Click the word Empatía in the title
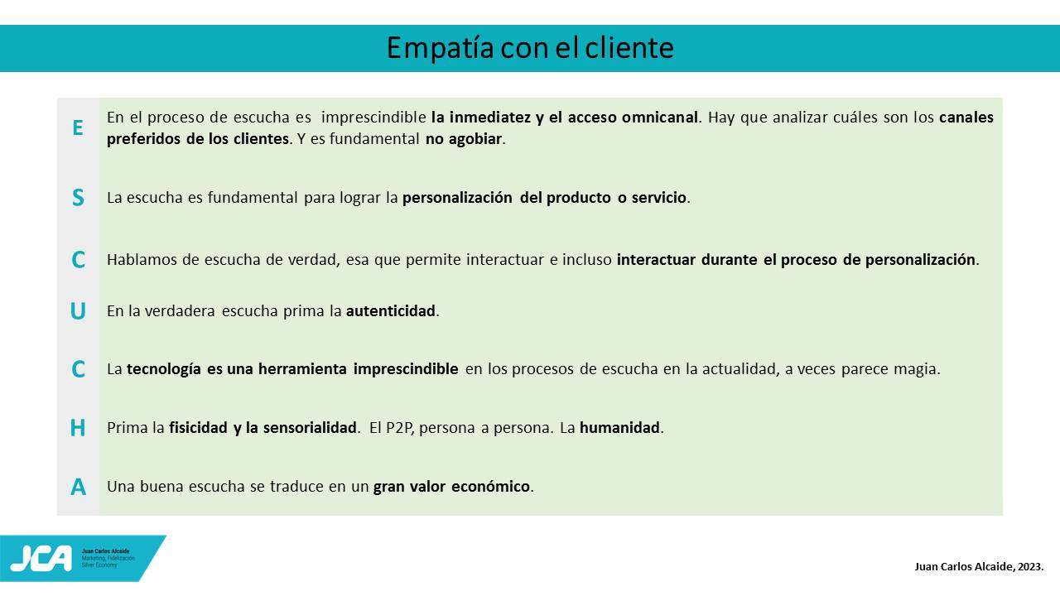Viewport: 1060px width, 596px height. (x=441, y=48)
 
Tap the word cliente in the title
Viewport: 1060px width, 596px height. (x=629, y=47)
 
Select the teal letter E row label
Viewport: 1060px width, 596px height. (x=78, y=127)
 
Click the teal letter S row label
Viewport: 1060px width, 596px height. (x=78, y=197)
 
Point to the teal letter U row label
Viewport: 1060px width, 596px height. (x=78, y=311)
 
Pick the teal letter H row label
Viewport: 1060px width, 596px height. (x=78, y=428)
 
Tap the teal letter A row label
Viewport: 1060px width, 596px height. (x=78, y=487)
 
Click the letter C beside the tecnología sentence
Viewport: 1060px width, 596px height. (x=78, y=369)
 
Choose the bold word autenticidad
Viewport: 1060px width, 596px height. (x=390, y=310)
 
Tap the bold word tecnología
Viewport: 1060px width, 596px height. (x=164, y=369)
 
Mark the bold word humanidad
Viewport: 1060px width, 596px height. (x=619, y=428)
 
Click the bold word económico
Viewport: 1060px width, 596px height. (x=490, y=486)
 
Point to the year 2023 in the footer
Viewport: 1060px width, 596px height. (x=1029, y=567)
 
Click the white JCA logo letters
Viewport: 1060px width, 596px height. (x=41, y=559)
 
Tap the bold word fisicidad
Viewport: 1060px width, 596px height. (x=198, y=428)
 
